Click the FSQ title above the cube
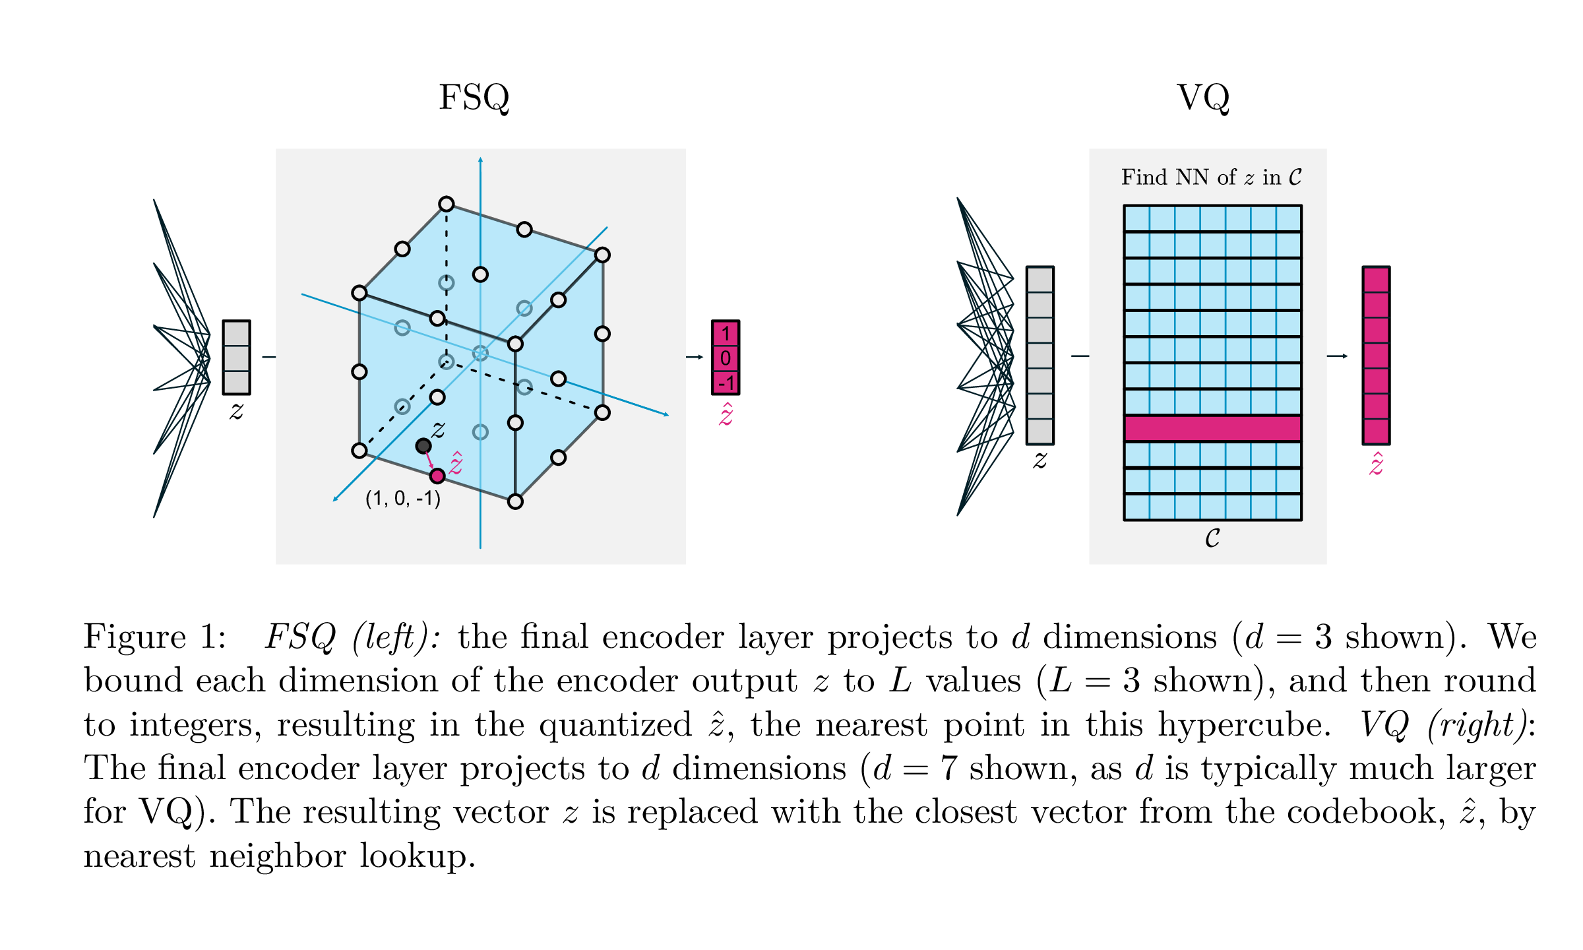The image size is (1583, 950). [x=474, y=98]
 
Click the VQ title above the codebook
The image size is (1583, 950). [x=1203, y=98]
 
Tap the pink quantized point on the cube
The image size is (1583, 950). [x=437, y=476]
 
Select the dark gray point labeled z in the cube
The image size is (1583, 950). [x=423, y=446]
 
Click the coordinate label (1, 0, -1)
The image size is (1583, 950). [x=403, y=498]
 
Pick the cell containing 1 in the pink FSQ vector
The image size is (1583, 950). [x=725, y=333]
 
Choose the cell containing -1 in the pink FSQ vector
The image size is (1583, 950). [x=725, y=383]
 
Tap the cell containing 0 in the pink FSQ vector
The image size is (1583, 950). [x=725, y=358]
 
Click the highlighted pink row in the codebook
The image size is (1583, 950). [x=1212, y=428]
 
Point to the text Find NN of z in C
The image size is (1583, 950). [x=1211, y=177]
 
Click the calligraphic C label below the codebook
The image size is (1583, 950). [x=1212, y=538]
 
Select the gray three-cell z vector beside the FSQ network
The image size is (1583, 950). [x=236, y=358]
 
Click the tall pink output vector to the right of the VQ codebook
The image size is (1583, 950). [x=1376, y=356]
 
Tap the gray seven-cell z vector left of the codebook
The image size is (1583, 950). [x=1040, y=356]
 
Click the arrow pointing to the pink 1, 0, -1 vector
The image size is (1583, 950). [x=695, y=357]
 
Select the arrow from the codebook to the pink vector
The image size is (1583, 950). [x=1337, y=356]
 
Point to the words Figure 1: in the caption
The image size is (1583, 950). [x=154, y=637]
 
